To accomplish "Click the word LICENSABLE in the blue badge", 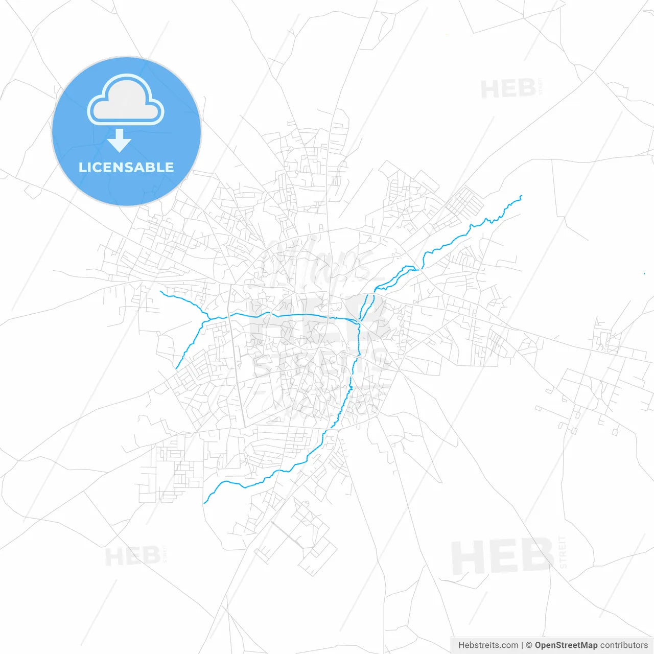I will click(x=126, y=168).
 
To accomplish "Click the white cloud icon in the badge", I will click(x=126, y=100).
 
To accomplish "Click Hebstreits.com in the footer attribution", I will click(x=488, y=645).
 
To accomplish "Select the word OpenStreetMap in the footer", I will click(x=566, y=645).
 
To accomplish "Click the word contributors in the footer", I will click(x=624, y=645).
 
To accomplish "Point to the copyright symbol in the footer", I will click(x=529, y=645).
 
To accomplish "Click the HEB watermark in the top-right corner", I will click(x=508, y=89).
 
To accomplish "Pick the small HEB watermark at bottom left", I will click(x=133, y=556).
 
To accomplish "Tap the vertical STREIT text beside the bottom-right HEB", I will click(x=563, y=552).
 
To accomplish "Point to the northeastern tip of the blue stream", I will click(x=521, y=196).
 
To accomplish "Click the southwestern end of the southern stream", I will click(x=205, y=503).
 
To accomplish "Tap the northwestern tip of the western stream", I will click(x=160, y=292).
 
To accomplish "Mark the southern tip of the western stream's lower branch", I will click(x=176, y=368).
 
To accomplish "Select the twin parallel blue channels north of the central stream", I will click(x=366, y=306).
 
